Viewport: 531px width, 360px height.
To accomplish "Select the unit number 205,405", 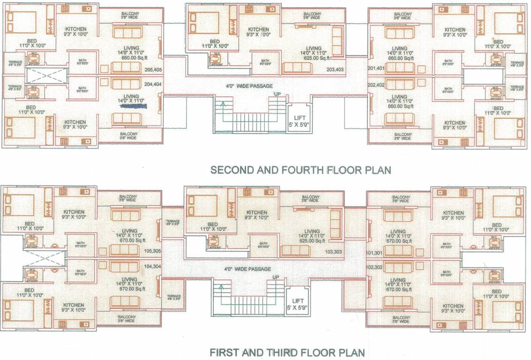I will pos(153,70).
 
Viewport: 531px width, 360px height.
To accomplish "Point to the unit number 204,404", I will pos(153,85).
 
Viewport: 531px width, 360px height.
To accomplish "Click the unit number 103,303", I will pos(334,252).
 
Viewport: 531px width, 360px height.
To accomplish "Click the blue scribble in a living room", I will pos(133,106).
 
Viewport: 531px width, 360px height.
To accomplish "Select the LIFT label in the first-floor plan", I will pos(297,301).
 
